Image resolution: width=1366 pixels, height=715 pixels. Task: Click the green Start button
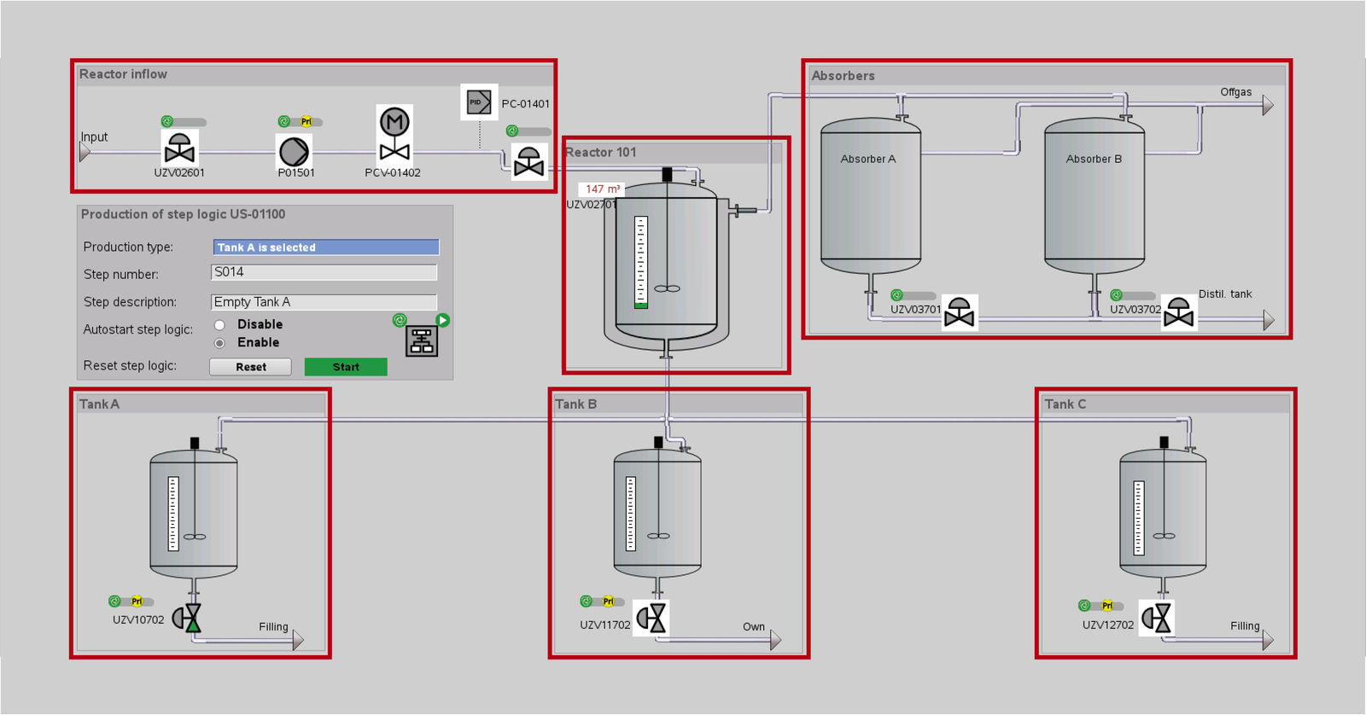(x=346, y=367)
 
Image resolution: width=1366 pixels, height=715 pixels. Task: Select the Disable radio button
(x=219, y=325)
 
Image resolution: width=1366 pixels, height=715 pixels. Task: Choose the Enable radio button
(x=219, y=343)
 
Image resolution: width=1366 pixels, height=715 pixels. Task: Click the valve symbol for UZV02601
(x=179, y=148)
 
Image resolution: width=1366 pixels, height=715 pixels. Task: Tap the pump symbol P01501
(x=294, y=152)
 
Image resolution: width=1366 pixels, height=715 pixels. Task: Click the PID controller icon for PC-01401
(x=479, y=102)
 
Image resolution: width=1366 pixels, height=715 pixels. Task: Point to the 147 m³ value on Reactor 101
(x=602, y=189)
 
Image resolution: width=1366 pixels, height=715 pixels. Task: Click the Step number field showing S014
(x=324, y=272)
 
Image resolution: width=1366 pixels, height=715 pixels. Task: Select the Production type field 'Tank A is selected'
(x=325, y=247)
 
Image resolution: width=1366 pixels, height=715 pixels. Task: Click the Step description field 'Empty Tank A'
(x=324, y=302)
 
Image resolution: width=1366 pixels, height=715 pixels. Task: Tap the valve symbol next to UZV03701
(x=960, y=313)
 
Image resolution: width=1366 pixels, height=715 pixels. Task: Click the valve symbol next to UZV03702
(x=1179, y=313)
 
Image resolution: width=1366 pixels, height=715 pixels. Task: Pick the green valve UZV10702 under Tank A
(x=188, y=618)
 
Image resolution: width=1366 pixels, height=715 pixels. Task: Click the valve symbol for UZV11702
(x=651, y=618)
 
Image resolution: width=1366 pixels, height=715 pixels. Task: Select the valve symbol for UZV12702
(x=1157, y=618)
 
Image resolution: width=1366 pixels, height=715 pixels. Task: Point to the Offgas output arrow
(x=1268, y=105)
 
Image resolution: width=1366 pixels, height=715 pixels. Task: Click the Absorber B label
(x=1094, y=159)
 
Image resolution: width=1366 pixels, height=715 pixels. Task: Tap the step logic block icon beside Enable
(x=422, y=340)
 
